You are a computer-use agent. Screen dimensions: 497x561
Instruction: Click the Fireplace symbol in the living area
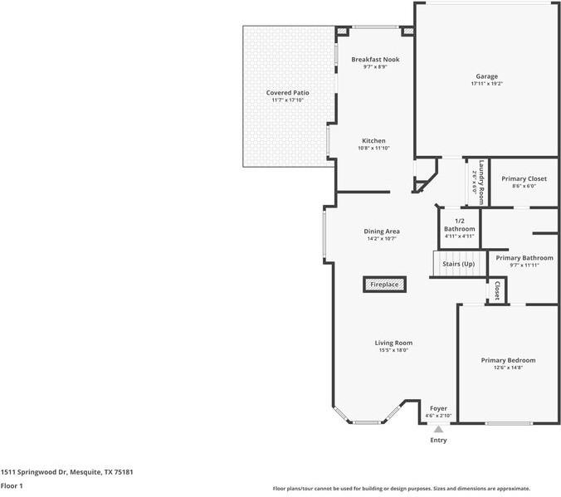384,285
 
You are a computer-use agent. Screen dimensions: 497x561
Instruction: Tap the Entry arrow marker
438,429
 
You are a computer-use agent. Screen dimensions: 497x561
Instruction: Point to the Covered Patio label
287,92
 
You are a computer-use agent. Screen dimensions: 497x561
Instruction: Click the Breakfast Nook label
369,60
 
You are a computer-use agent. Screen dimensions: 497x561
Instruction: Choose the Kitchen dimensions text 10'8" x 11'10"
373,149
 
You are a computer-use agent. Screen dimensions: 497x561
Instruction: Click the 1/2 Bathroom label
459,224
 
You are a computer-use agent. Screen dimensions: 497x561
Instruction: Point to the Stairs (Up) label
458,264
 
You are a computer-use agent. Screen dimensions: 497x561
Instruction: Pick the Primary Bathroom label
524,258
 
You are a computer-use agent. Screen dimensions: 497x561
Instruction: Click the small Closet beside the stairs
496,291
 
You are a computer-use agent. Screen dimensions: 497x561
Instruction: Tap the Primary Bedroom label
508,360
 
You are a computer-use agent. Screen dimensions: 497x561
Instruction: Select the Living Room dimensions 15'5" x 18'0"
393,350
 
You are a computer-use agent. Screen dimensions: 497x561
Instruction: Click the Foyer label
438,408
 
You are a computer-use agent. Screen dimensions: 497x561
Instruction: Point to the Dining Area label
382,231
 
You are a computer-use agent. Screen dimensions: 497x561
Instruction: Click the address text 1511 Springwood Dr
66,471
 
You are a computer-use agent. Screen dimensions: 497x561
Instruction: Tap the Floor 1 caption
12,485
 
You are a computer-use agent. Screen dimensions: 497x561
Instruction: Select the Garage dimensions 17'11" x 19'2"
486,83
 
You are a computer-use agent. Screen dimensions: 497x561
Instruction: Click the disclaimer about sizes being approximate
402,489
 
